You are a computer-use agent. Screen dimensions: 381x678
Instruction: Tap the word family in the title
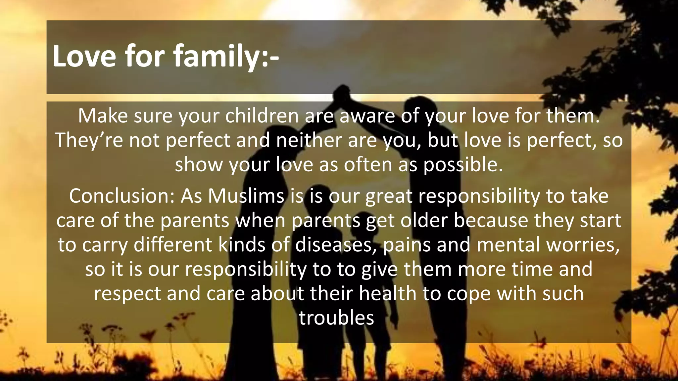217,56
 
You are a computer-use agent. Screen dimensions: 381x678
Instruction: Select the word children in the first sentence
262,116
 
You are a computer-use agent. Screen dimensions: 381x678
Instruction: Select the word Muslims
246,196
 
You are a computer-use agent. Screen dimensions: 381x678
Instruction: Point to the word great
389,196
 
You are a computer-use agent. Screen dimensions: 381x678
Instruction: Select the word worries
583,245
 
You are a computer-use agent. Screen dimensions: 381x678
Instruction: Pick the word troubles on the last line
336,318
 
